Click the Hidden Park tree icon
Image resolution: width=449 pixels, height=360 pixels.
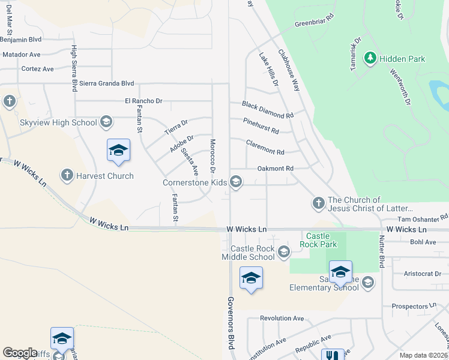pos(370,58)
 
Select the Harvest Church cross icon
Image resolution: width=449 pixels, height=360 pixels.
pos(67,176)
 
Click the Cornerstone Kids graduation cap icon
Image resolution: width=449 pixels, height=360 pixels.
pos(237,182)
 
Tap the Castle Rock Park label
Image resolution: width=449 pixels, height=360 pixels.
pos(321,240)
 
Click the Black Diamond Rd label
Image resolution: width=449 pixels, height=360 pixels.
pos(267,110)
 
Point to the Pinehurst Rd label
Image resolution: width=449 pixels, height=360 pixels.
pos(261,126)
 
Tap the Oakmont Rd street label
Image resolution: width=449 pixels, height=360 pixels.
pos(275,169)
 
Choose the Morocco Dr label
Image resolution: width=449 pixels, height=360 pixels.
pos(212,154)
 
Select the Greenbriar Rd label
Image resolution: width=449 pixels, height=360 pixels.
pos(314,25)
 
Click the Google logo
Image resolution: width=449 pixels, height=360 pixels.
pos(20,352)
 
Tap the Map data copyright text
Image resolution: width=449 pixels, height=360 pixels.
pos(423,355)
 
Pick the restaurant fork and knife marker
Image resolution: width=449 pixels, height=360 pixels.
pos(333,355)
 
